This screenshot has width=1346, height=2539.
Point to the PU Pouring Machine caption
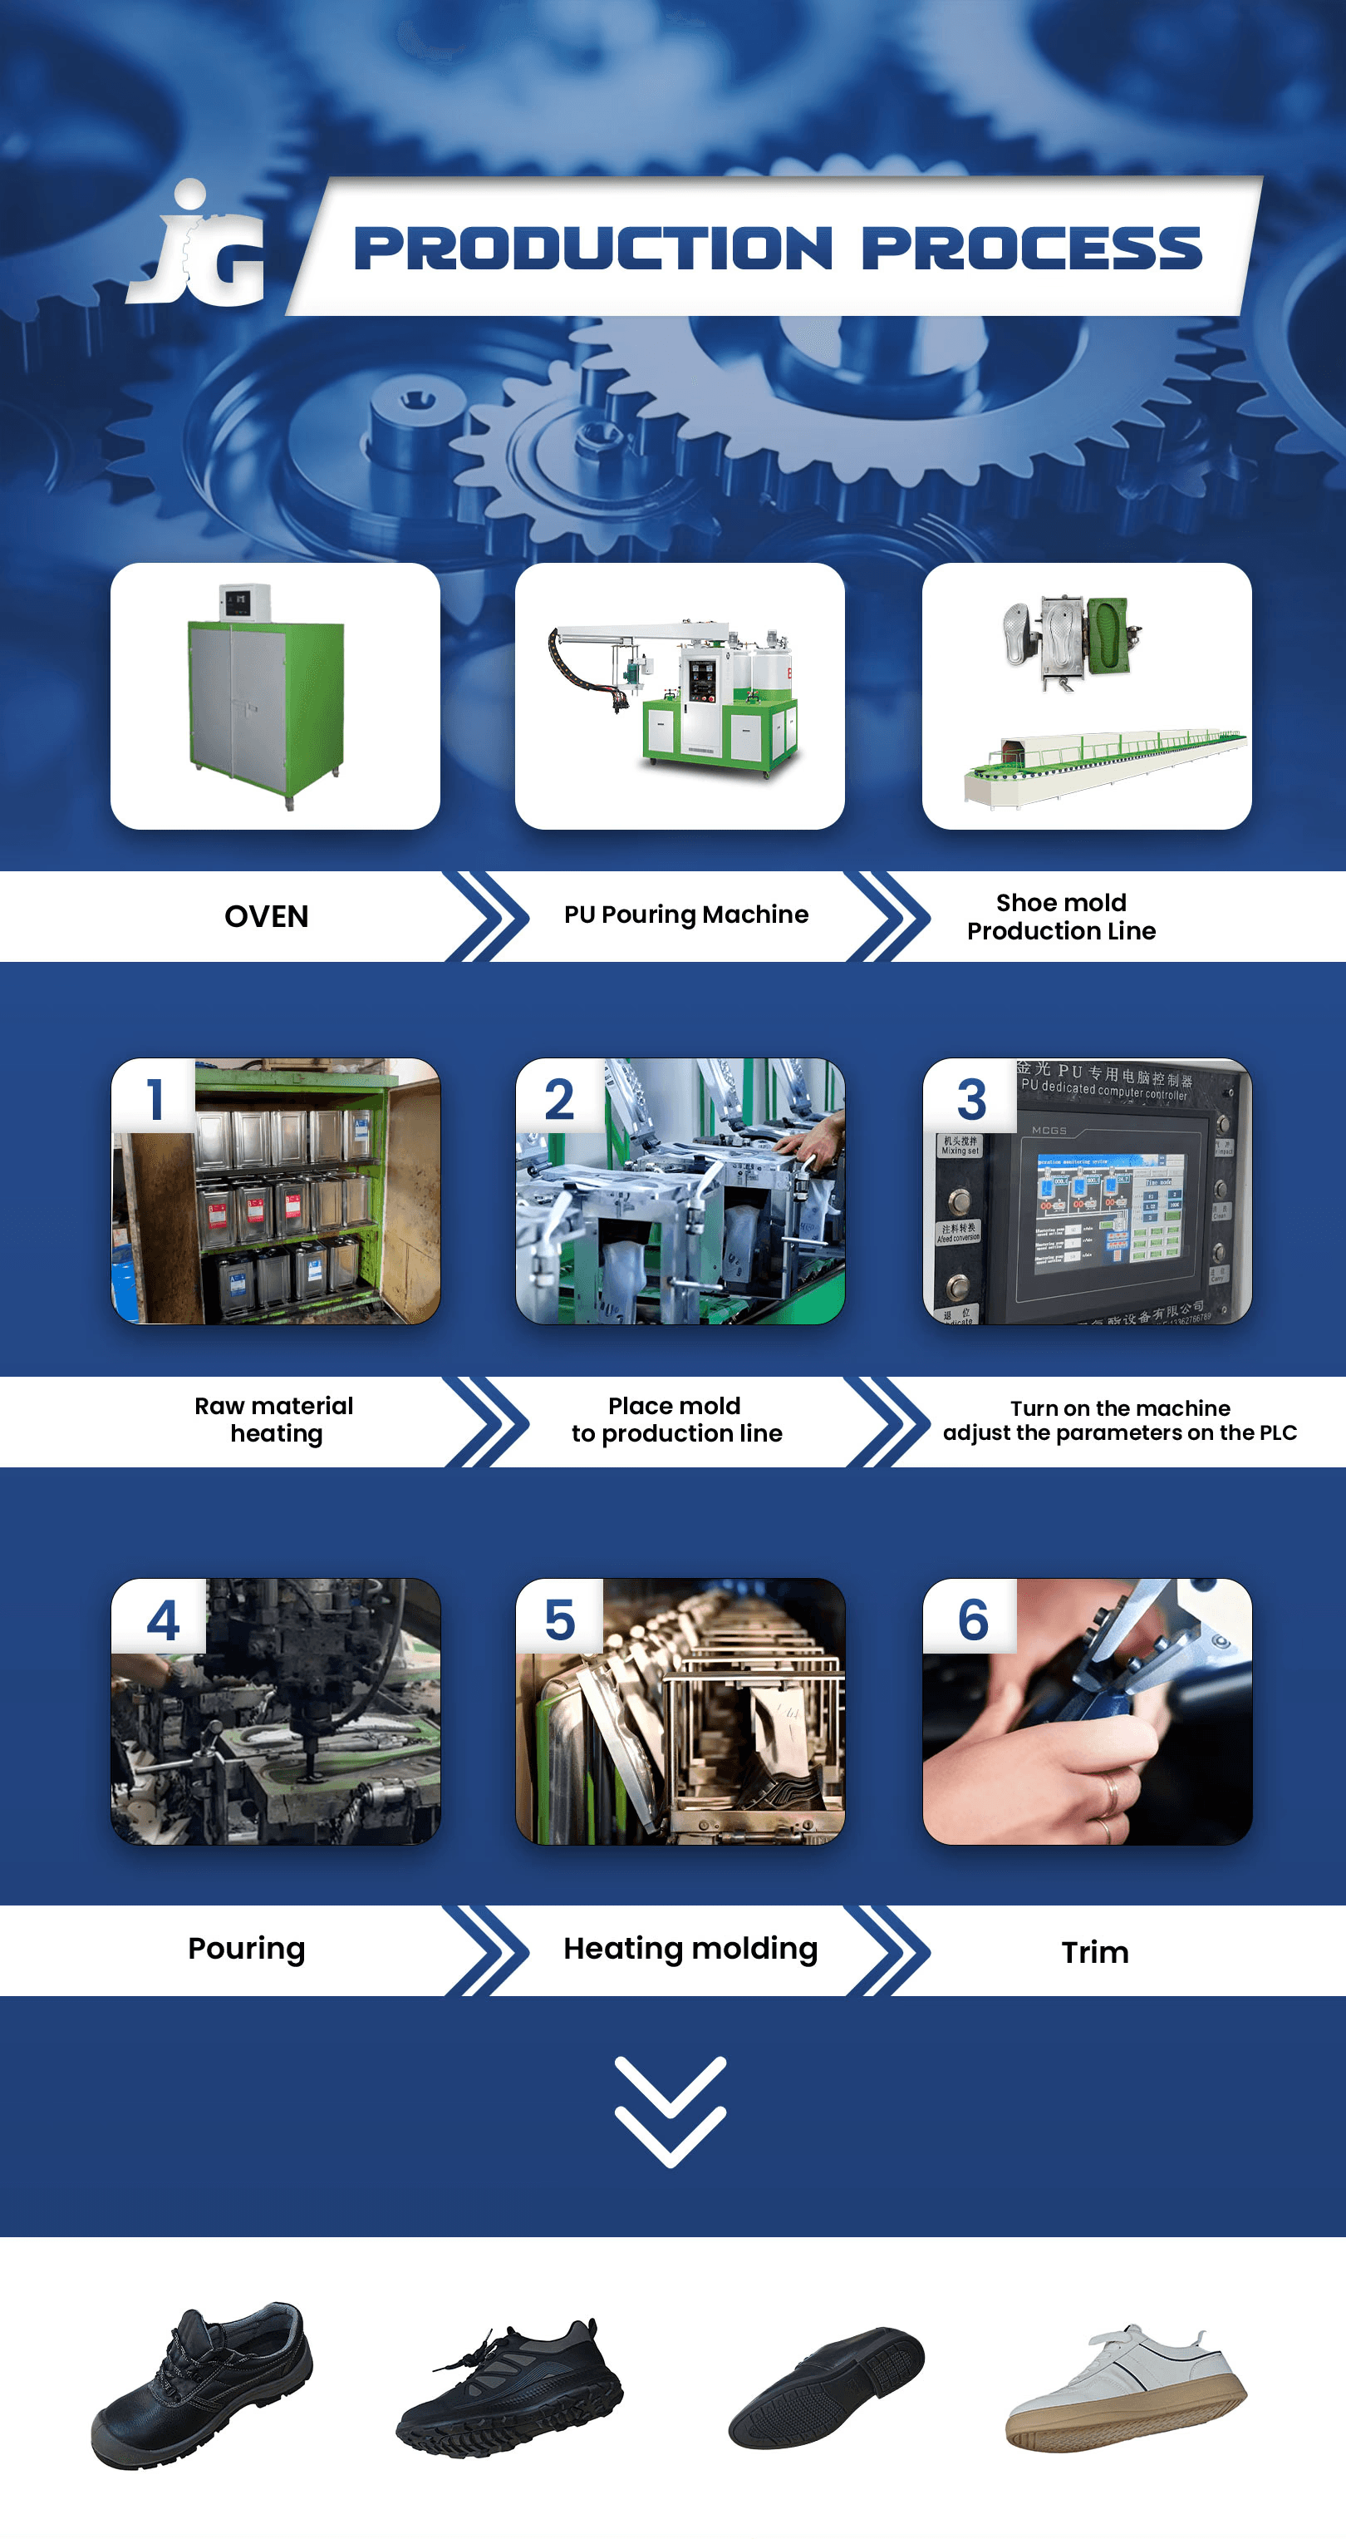tap(685, 915)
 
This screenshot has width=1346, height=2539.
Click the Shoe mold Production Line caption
tap(1061, 917)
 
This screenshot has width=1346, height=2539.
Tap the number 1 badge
tap(155, 1098)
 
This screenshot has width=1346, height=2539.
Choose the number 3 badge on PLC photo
tap(970, 1098)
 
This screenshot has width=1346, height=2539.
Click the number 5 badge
tap(560, 1620)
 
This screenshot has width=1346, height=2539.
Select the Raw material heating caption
tap(274, 1419)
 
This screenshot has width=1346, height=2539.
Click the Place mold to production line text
tap(676, 1419)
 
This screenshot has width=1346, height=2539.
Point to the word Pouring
tap(246, 1949)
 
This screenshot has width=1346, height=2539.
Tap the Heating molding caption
tap(690, 1949)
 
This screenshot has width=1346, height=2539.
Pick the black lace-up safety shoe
tap(202, 2385)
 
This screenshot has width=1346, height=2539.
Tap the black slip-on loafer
tap(826, 2387)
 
